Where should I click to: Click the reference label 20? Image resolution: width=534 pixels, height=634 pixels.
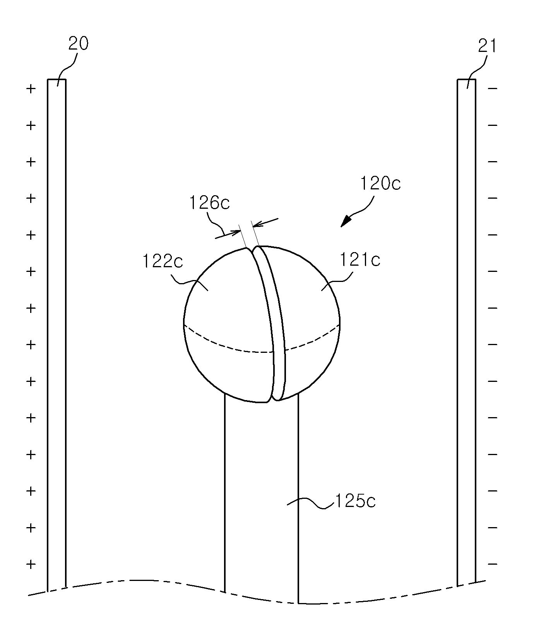[79, 44]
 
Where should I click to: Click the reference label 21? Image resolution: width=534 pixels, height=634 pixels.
[487, 46]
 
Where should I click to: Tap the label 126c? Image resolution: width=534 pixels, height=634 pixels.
[210, 203]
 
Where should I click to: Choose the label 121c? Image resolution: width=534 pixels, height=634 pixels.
[360, 259]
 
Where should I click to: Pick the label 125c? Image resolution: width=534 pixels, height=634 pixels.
[355, 502]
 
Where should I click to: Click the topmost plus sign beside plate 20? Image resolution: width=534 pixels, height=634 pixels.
[31, 89]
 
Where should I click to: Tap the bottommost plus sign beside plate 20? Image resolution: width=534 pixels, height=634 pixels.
[31, 564]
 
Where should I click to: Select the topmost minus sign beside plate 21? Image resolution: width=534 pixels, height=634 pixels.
[493, 89]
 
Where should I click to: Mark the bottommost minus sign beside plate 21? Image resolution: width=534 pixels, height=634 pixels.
[493, 564]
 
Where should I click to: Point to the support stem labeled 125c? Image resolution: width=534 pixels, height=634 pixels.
[261, 500]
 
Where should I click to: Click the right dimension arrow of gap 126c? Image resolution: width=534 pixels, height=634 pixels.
[265, 223]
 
